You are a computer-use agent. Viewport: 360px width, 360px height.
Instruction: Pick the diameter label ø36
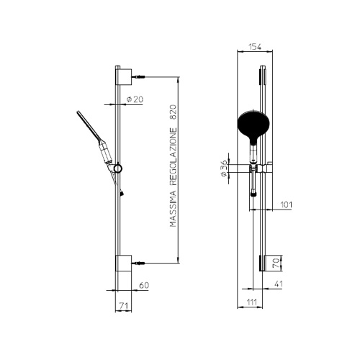(x=225, y=168)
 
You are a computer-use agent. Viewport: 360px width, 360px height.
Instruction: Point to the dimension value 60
(x=143, y=286)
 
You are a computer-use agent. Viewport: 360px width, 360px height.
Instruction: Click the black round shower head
(x=251, y=125)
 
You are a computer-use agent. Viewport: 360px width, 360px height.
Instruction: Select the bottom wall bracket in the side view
(x=122, y=262)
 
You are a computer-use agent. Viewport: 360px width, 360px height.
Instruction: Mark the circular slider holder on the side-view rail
(x=118, y=168)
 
